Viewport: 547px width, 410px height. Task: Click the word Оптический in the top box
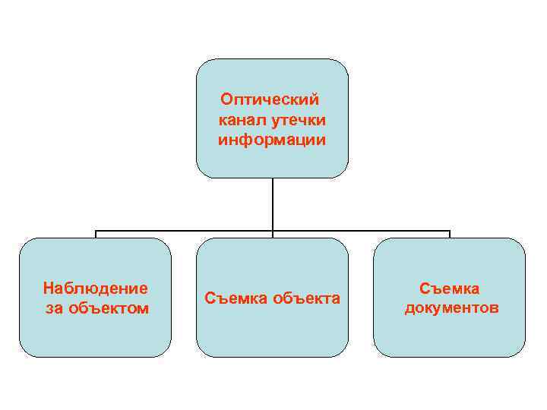click(x=270, y=99)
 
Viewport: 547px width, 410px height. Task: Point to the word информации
click(x=271, y=140)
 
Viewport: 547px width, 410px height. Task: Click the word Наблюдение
click(x=95, y=288)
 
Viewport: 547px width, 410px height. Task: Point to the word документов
click(x=450, y=308)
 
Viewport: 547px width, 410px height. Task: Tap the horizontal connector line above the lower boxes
click(x=182, y=231)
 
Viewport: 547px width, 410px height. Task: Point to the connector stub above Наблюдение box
click(x=95, y=235)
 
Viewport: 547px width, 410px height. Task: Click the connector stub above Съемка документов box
click(x=450, y=235)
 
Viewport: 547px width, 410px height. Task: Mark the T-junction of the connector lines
click(x=272, y=231)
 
